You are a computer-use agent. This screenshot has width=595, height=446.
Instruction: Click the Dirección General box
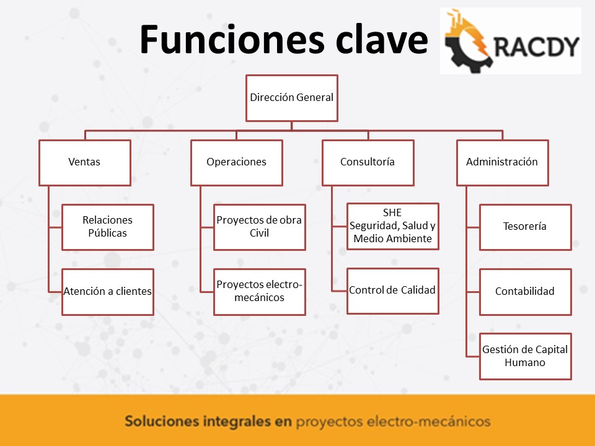click(291, 98)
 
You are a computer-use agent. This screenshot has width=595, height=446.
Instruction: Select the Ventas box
click(85, 163)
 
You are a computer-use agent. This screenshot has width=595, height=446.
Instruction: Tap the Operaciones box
click(237, 163)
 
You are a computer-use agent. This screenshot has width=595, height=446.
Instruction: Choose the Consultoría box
click(368, 163)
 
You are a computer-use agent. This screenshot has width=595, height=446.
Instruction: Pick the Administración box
click(503, 163)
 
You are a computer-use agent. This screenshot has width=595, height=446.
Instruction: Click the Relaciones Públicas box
click(108, 227)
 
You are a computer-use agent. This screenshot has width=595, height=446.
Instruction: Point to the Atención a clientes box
click(108, 292)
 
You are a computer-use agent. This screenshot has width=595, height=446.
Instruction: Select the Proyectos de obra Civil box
click(260, 227)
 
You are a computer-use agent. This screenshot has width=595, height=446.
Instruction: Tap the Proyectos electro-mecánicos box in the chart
click(260, 292)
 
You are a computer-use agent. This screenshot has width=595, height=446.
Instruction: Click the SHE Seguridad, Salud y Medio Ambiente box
click(393, 227)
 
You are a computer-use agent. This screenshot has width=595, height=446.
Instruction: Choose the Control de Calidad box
click(393, 291)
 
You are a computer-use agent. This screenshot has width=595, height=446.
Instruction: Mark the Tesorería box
click(526, 227)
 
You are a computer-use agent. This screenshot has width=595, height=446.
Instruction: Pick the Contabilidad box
click(526, 292)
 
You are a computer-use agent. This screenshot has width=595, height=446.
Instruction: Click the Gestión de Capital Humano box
click(526, 357)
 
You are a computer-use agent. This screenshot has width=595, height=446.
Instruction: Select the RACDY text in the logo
click(537, 46)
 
